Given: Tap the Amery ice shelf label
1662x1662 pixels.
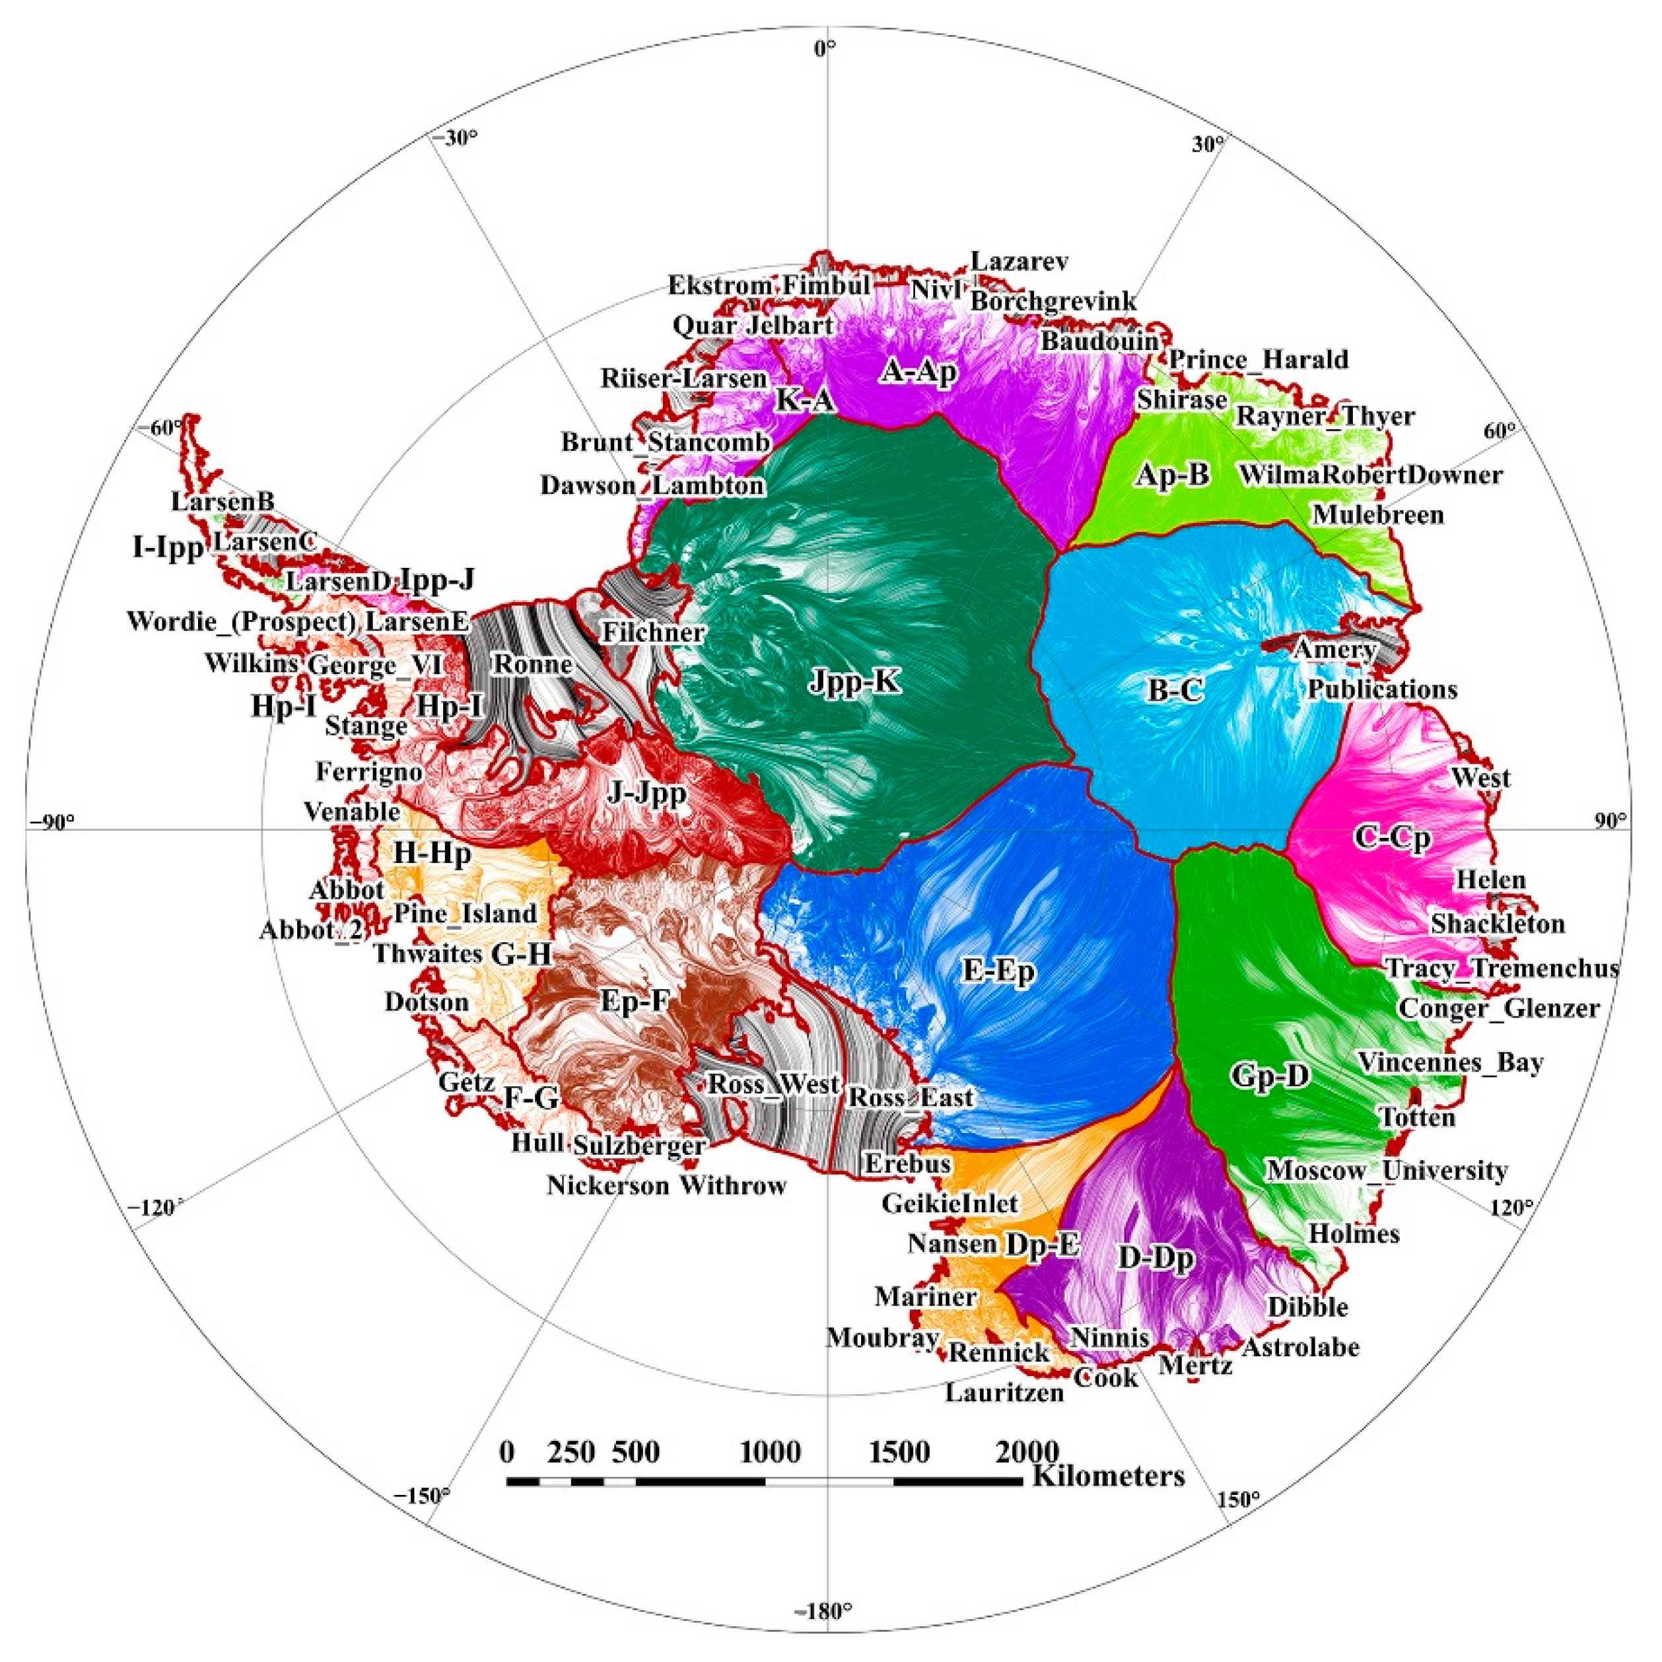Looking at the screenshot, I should pos(1334,650).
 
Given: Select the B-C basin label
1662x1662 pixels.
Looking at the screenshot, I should pos(1176,690).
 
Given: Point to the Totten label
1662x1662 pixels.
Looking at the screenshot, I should pos(1417,1117).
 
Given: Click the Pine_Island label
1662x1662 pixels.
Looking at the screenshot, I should pos(466,914).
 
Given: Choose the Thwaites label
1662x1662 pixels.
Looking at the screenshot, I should pos(427,953).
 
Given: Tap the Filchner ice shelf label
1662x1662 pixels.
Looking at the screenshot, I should pos(653,633).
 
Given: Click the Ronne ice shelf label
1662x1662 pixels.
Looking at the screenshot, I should pos(532,664).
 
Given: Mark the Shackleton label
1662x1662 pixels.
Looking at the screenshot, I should pos(1498,924).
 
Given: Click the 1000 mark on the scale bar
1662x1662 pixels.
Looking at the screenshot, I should pos(771,1453).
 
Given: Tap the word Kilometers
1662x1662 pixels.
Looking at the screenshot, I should pos(1108,1476).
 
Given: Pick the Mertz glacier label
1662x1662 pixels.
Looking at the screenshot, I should pos(1195,1366).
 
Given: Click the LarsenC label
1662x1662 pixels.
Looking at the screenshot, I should pos(265,542).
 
